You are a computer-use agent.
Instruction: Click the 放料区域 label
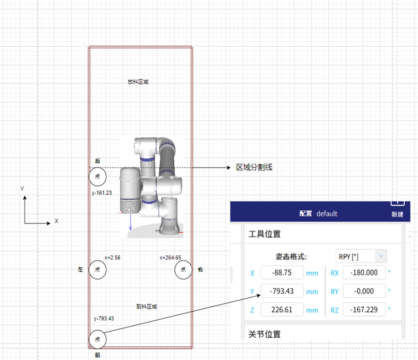point(138,82)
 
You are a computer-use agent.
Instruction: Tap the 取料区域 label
point(146,306)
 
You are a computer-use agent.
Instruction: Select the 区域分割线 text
point(254,167)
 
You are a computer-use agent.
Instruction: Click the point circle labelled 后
point(97,176)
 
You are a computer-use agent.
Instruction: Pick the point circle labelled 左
point(97,269)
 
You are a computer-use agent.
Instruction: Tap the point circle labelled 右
point(183,269)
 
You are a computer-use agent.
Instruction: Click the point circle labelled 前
point(97,339)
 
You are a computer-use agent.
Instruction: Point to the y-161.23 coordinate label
point(102,193)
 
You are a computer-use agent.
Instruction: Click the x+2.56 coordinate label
point(113,258)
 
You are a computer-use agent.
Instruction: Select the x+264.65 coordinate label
point(170,258)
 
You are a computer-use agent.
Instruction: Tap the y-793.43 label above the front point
point(104,319)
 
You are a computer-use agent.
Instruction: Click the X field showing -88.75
point(282,273)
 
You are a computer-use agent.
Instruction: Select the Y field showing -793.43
point(282,291)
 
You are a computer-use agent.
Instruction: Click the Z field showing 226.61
point(282,310)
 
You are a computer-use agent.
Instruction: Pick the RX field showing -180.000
point(364,273)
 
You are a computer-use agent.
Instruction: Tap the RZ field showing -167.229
point(364,310)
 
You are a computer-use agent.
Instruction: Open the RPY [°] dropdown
point(361,257)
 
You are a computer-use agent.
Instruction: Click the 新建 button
point(397,210)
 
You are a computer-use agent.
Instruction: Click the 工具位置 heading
point(264,234)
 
